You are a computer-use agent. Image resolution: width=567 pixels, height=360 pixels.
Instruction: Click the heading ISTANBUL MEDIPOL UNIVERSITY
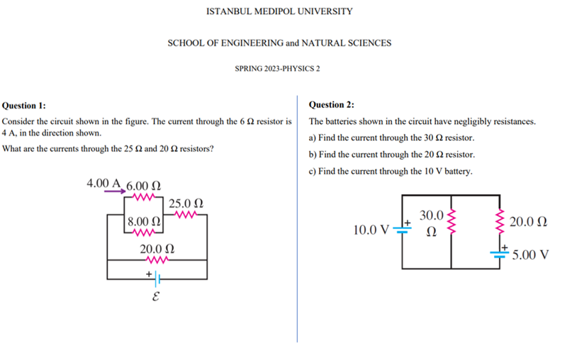pos(279,11)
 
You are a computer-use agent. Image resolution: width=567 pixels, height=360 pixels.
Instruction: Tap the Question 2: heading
pos(332,105)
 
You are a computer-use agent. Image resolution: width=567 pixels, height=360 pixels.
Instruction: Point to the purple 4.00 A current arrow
pos(112,190)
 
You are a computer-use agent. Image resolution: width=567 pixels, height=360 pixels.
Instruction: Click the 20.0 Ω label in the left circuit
pos(157,249)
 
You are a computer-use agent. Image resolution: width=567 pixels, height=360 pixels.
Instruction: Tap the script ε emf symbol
pos(156,298)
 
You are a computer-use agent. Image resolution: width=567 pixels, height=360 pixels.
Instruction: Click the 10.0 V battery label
pos(371,230)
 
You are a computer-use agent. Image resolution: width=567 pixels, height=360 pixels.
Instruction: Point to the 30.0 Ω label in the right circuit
pos(431,221)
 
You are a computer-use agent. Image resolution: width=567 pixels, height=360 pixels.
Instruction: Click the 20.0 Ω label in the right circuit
pos(528,222)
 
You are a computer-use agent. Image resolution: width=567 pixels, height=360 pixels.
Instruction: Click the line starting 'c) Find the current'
pos(391,171)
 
